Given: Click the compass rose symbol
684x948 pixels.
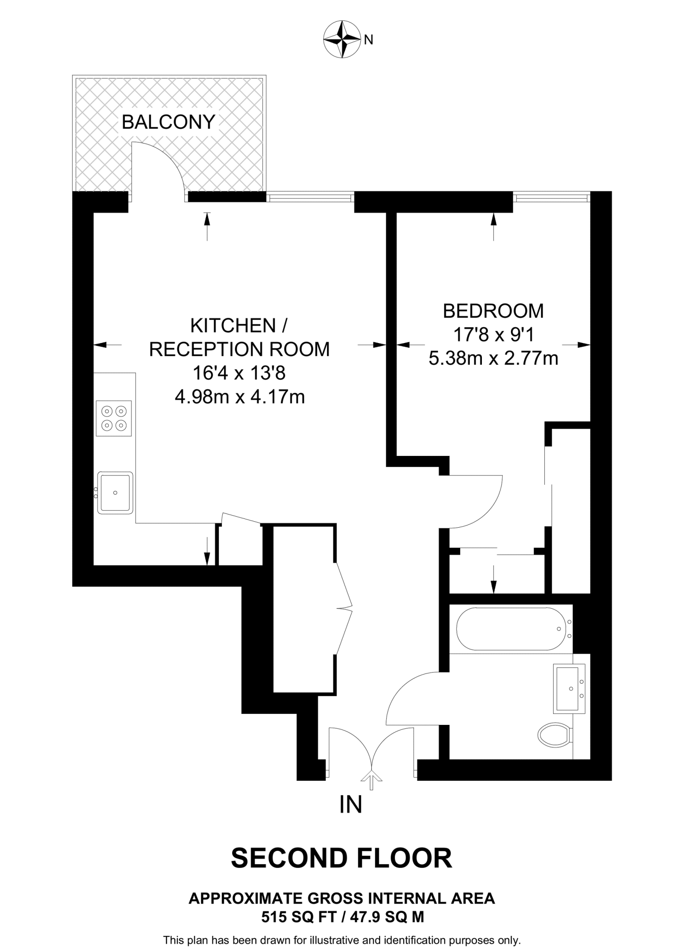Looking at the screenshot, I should (342, 39).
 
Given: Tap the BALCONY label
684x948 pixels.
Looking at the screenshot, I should (168, 122).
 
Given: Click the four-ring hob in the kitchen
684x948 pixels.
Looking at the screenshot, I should (114, 418).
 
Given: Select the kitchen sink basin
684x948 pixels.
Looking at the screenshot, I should (115, 493).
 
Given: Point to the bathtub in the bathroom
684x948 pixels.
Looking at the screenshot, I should (511, 629).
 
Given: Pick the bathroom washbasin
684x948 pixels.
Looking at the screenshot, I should (569, 688).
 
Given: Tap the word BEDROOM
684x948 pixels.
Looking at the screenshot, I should (493, 311).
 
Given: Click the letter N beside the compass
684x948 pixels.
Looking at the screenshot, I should (369, 40).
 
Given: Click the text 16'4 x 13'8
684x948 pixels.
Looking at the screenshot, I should (240, 373).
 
